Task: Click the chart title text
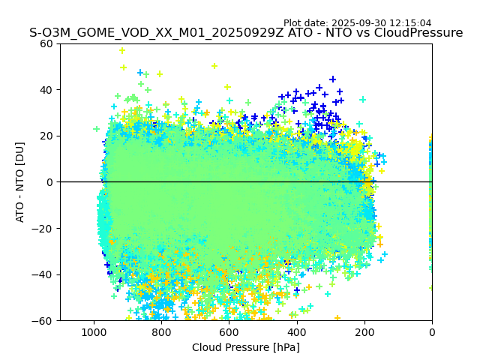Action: point(246,33)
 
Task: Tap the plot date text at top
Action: point(357,23)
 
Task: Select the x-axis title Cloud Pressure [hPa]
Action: point(246,347)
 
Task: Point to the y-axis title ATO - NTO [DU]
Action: point(20,182)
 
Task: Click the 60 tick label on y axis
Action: point(46,43)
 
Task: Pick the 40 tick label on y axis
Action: point(46,90)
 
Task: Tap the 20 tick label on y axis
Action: point(46,136)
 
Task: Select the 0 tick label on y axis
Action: point(49,182)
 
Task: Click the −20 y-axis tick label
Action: point(43,229)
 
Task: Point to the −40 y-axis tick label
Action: point(43,274)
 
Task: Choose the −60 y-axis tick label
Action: point(43,321)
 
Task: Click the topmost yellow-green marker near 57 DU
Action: point(122,50)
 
